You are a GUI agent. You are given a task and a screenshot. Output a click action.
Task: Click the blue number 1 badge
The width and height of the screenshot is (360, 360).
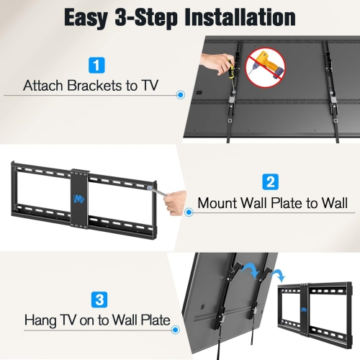pos(95,66)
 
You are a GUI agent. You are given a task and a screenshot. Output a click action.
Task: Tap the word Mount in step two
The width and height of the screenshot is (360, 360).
pos(220,203)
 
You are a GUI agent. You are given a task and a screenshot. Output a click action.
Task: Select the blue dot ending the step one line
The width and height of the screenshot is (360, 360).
pos(180,94)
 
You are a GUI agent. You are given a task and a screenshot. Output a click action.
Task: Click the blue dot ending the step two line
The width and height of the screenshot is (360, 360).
pos(188,211)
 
